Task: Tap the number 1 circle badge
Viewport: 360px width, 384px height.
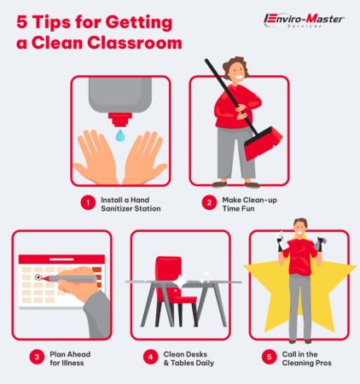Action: (86, 203)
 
